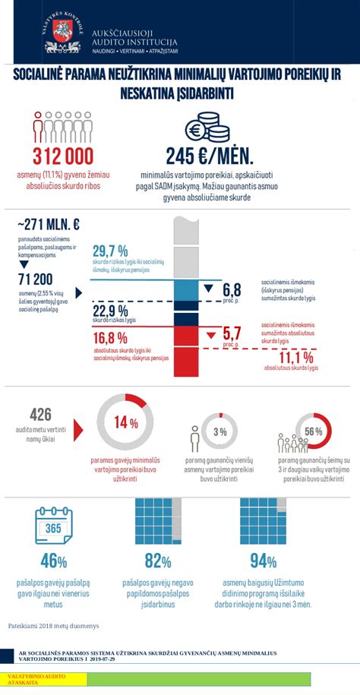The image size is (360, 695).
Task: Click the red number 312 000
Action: coord(62,156)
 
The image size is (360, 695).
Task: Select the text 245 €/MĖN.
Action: coord(209,156)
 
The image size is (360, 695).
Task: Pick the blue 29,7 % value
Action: coord(110,251)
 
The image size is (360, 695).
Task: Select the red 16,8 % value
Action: coord(110,338)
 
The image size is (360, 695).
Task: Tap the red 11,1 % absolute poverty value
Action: coord(296,358)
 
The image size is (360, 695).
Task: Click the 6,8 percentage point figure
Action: coord(232,290)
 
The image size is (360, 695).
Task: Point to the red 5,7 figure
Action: coord(232,333)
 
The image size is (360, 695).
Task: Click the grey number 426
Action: coord(40,415)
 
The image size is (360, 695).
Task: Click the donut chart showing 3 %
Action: coord(220,432)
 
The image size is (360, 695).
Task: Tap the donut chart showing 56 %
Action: coord(313,432)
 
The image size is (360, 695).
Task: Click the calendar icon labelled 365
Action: coord(53,526)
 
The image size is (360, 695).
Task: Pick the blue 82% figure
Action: coord(158,561)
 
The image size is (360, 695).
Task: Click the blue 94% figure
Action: coord(263,561)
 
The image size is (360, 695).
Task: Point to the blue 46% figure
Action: coord(53,561)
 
